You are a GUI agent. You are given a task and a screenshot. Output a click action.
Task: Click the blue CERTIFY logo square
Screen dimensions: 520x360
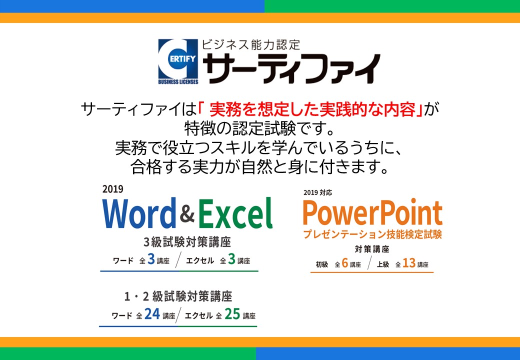point(178,59)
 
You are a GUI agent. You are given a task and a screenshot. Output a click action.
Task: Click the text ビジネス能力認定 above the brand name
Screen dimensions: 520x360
point(251,45)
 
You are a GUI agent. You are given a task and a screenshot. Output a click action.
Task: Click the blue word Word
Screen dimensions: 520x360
point(139,213)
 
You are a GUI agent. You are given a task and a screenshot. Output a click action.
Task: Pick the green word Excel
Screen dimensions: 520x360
point(235,213)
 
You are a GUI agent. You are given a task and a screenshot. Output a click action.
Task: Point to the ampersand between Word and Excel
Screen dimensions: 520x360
point(187,214)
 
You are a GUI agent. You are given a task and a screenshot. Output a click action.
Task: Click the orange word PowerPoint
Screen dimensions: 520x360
point(372,212)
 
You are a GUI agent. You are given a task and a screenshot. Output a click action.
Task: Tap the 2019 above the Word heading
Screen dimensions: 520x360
point(113,189)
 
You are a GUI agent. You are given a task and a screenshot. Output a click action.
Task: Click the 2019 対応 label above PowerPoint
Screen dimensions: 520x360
point(317,192)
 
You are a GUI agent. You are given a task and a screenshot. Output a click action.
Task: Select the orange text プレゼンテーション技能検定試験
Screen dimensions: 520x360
point(372,234)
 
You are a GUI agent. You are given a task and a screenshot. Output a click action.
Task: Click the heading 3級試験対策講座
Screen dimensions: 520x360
point(187,242)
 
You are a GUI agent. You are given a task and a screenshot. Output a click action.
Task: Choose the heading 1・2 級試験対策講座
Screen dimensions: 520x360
point(178,296)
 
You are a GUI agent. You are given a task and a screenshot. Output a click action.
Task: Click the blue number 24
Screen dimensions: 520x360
point(152,313)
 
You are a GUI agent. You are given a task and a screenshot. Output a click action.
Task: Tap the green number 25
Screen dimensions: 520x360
point(232,313)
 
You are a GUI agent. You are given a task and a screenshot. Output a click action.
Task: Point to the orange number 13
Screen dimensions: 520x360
point(409,263)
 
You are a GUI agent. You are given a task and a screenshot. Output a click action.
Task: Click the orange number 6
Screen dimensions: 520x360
point(345,263)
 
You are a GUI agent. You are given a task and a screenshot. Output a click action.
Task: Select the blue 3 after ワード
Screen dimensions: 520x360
point(151,259)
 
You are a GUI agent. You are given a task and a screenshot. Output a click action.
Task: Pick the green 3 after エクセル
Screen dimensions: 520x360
point(232,259)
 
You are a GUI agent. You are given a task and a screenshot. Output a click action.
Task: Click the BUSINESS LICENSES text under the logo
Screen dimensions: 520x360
point(178,82)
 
